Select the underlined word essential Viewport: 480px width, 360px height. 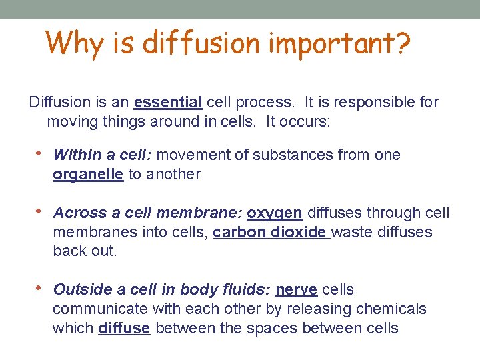(168, 103)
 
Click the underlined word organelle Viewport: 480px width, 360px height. (88, 175)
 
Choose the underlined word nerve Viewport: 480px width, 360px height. (297, 290)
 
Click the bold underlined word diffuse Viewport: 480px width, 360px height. (124, 329)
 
